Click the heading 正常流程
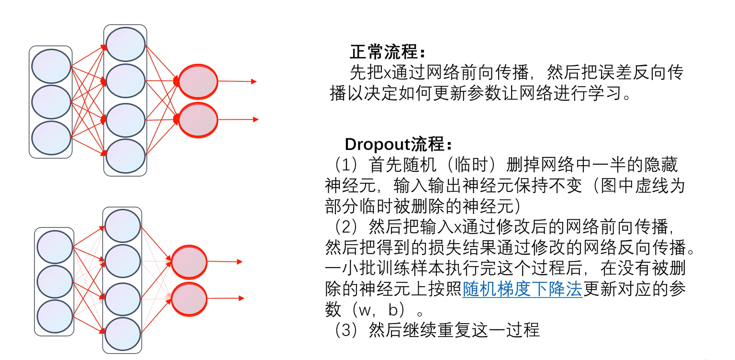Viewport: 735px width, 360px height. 387,51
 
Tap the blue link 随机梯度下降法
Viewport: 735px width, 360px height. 522,290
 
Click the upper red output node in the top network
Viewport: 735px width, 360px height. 198,81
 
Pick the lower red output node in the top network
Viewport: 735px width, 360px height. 198,120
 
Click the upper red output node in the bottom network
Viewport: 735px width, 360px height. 189,262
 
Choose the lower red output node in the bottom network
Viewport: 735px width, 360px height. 189,299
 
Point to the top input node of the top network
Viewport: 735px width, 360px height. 51,66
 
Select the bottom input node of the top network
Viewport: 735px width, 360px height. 51,138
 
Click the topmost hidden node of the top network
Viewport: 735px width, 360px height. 125,45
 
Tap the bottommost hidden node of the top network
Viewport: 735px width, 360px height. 125,156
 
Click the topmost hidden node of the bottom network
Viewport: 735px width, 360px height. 122,226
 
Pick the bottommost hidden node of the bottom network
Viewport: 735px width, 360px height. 122,334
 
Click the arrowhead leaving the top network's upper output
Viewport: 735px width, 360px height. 254,81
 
